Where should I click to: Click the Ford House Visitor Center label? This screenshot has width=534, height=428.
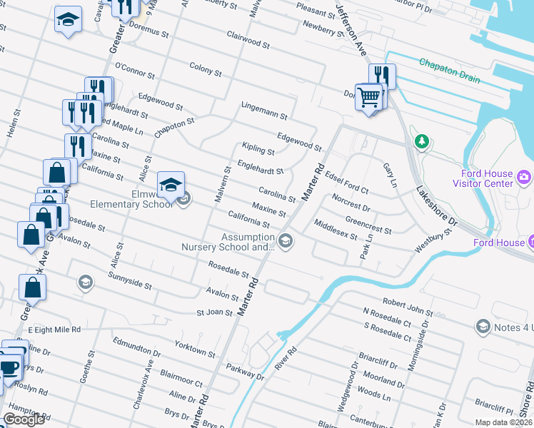pyautogui.click(x=483, y=178)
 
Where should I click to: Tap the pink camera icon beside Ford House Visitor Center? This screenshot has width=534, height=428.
pyautogui.click(x=524, y=176)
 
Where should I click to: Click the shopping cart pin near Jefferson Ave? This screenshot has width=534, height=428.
pyautogui.click(x=368, y=97)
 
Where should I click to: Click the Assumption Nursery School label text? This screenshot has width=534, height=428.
pyautogui.click(x=247, y=242)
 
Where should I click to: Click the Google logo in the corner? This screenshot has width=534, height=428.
pyautogui.click(x=24, y=420)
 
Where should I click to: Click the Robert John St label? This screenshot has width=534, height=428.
pyautogui.click(x=408, y=307)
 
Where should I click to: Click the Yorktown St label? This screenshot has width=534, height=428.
pyautogui.click(x=195, y=349)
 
